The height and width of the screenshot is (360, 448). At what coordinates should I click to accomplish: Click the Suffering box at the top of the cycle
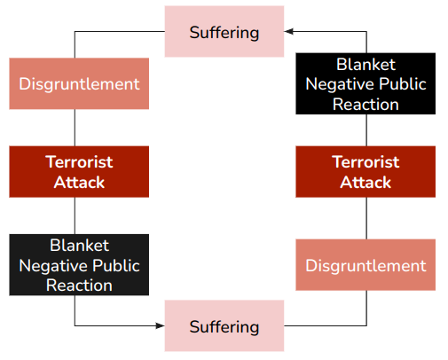pos(224,32)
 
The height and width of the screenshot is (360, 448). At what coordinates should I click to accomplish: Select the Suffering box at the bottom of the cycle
pos(224,326)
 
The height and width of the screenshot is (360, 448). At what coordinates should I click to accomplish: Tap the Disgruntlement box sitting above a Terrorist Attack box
pos(79,84)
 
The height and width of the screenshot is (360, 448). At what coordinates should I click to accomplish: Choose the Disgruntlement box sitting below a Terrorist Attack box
pos(365,265)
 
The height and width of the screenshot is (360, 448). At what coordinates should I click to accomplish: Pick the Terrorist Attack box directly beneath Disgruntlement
pos(79,172)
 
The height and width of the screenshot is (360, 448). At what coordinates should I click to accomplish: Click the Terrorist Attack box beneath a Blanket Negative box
pos(365,172)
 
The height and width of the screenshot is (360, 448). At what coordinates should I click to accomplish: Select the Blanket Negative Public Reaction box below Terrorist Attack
pos(79,264)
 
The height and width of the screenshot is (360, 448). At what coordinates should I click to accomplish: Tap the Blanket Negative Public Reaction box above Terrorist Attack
pos(365,84)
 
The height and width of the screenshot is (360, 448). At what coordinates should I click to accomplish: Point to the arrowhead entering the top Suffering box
pos(288,32)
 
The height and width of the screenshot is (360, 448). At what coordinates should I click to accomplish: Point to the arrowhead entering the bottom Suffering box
pos(161,326)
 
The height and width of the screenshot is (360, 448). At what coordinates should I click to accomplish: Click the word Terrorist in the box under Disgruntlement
pos(79,162)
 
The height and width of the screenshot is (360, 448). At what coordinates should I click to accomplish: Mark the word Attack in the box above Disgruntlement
pos(365,183)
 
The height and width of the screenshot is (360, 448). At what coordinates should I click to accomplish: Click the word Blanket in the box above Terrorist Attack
pos(365,65)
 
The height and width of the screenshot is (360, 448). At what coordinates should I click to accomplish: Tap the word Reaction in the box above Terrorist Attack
pos(365,104)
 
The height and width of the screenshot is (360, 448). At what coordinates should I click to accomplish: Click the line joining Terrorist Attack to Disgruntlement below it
pos(365,218)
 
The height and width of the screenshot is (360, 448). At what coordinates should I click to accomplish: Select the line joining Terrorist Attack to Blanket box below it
pos(75,215)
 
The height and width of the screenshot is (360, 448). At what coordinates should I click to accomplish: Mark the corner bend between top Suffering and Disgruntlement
pos(75,32)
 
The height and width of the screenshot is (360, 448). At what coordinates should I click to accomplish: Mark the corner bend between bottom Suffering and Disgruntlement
pos(365,326)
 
